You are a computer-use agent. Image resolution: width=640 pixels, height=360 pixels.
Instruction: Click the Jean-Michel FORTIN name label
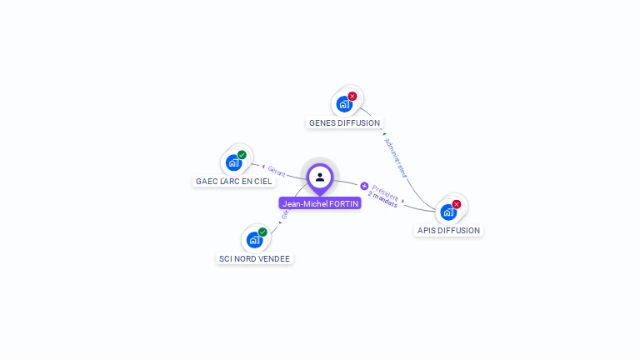[x=320, y=203]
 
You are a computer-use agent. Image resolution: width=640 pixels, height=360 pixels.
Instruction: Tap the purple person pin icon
[x=320, y=177]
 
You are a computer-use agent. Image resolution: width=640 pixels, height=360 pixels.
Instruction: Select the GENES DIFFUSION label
[x=344, y=123]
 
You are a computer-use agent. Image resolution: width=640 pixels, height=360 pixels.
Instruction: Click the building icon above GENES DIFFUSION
[x=342, y=105]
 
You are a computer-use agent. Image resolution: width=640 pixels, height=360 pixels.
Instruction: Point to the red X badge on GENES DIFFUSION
[x=352, y=96]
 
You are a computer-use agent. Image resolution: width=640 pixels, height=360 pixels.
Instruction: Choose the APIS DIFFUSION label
[x=448, y=230]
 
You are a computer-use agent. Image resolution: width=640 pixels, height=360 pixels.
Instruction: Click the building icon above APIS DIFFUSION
[x=448, y=212]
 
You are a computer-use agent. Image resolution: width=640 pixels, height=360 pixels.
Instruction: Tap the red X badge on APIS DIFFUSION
[x=457, y=204]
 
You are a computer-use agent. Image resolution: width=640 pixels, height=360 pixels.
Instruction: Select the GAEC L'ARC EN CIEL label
[x=234, y=181]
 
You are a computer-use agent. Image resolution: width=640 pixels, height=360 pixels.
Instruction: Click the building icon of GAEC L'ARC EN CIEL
[x=233, y=162]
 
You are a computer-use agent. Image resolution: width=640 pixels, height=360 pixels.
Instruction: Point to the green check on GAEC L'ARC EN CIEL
[x=242, y=155]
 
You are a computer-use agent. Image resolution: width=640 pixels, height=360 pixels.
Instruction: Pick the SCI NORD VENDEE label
[x=254, y=258]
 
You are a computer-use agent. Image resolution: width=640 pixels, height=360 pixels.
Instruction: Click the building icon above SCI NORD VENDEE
[x=254, y=240]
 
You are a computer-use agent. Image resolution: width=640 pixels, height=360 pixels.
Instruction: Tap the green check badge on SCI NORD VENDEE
[x=262, y=232]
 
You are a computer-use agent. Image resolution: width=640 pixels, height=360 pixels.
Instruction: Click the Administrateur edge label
[x=396, y=157]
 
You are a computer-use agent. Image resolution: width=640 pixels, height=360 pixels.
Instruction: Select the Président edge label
[x=385, y=189]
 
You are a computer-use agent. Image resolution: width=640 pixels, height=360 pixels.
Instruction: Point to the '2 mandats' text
[x=382, y=199]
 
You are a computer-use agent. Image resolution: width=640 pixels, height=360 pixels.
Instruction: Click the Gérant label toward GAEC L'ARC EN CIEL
[x=277, y=172]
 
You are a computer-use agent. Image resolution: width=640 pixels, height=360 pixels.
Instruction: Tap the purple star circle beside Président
[x=364, y=186]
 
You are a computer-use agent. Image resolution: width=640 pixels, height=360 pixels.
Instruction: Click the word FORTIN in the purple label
[x=343, y=203]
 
